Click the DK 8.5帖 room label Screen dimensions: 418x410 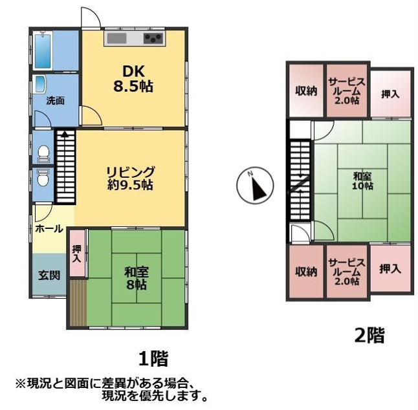[x=133, y=79]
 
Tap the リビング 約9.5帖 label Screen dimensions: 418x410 [x=130, y=178]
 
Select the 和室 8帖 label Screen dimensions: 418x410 [x=137, y=278]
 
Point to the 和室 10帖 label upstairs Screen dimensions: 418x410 [x=362, y=181]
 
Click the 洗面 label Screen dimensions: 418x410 [x=55, y=101]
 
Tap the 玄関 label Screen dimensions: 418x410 [x=49, y=275]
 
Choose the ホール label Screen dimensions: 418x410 [x=49, y=228]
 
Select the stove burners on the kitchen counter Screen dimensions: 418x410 [x=153, y=38]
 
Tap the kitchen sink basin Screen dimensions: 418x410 [x=116, y=38]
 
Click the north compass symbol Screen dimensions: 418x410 [x=255, y=186]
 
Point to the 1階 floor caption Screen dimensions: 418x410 [x=153, y=358]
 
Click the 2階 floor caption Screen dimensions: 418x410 [x=369, y=336]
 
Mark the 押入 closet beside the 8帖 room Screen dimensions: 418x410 [x=77, y=253]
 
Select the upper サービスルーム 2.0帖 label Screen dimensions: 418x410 [x=347, y=91]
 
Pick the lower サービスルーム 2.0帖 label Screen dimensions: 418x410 [x=347, y=272]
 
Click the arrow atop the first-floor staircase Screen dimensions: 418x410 [x=65, y=133]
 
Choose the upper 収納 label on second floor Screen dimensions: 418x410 [x=306, y=91]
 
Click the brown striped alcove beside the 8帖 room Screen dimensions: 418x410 [x=78, y=303]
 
